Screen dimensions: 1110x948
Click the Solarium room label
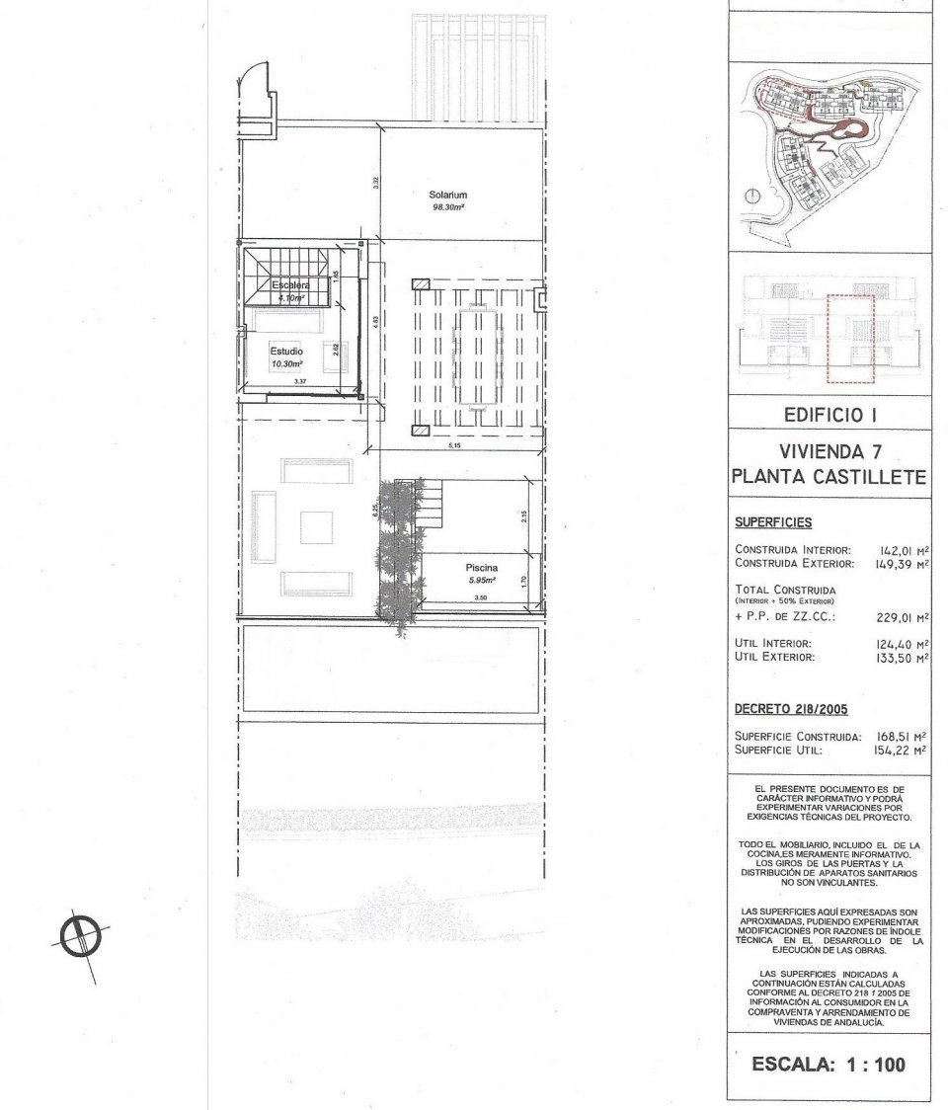[x=447, y=196]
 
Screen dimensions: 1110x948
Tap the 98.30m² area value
[x=447, y=208]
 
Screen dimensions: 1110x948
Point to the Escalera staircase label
[x=292, y=285]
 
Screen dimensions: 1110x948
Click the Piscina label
[x=481, y=568]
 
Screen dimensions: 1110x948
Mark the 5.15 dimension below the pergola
[x=454, y=447]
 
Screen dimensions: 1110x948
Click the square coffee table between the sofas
[x=316, y=526]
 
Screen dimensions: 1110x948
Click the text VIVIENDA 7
[x=829, y=452]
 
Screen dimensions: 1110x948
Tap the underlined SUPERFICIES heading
[x=772, y=521]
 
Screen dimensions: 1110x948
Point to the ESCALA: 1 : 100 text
[x=829, y=1065]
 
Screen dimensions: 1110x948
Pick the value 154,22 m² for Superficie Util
[x=904, y=751]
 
